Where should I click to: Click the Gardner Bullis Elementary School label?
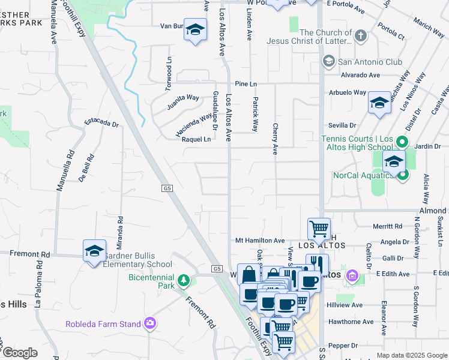[x=139, y=260]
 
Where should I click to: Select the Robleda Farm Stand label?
[x=103, y=324]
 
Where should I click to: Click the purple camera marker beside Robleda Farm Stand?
[x=149, y=324]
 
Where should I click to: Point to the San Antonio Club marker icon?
[x=328, y=61]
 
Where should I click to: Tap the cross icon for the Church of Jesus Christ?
[x=360, y=36]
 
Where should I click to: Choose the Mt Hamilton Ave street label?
[x=259, y=240]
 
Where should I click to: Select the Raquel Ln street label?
[x=197, y=139]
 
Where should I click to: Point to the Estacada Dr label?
[x=101, y=122]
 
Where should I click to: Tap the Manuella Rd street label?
[x=65, y=170]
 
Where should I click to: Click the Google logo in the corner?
[x=20, y=353]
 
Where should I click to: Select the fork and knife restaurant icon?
[x=317, y=265]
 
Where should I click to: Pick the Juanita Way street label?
[x=183, y=98]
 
